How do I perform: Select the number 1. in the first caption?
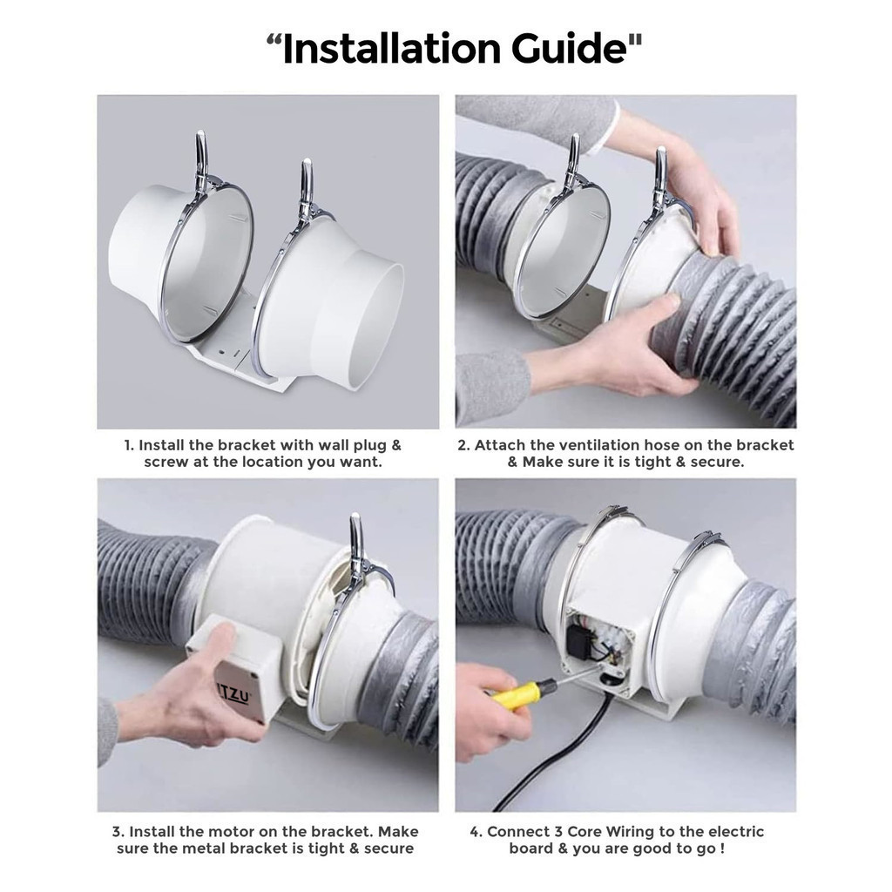[x=129, y=445]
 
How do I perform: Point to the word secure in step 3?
[x=388, y=848]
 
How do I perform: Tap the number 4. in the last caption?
[x=476, y=832]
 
